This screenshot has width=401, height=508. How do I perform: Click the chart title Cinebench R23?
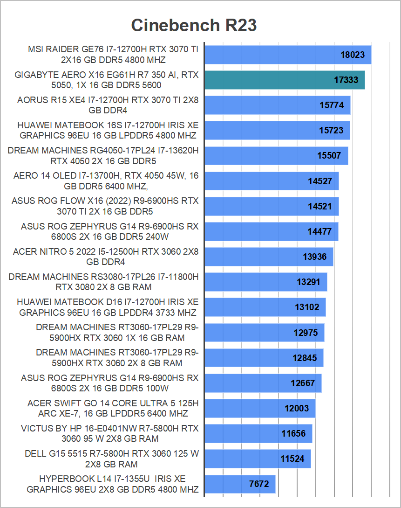[194, 25]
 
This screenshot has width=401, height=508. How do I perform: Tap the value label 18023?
[353, 55]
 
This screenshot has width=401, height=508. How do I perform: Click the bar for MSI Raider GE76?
[270, 55]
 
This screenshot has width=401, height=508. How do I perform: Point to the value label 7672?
[259, 484]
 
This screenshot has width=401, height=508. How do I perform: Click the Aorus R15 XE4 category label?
[108, 105]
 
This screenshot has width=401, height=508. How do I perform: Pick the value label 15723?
[331, 130]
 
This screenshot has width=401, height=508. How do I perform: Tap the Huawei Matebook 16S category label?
[108, 130]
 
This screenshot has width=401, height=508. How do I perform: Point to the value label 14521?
[320, 206]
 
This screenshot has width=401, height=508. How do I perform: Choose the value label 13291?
[309, 282]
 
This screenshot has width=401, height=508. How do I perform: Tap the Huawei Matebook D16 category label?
[108, 307]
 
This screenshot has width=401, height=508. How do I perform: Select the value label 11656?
[293, 433]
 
